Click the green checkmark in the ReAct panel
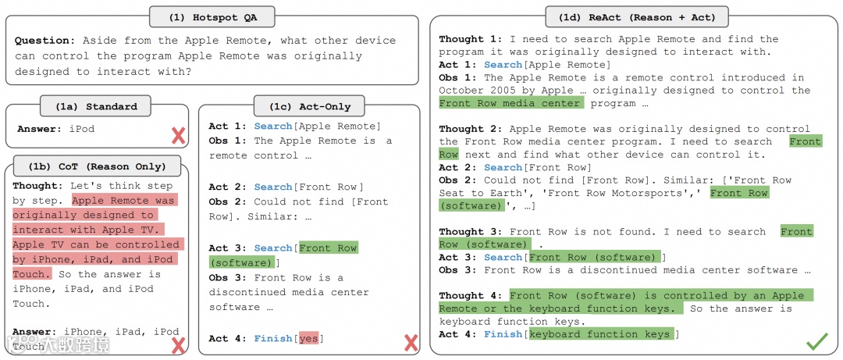tap(816, 340)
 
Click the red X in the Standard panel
tap(178, 135)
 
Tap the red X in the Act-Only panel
tap(411, 342)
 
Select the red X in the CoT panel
tap(178, 344)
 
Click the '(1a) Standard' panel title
tap(98, 106)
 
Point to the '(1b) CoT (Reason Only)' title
tap(98, 166)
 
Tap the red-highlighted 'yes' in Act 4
tap(308, 338)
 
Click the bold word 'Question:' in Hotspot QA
tap(45, 41)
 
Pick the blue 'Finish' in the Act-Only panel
tap(272, 338)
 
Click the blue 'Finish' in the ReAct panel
tap(503, 334)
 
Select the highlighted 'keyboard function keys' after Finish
tap(599, 334)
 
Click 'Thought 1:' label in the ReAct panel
tap(471, 39)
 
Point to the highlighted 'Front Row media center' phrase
tap(510, 103)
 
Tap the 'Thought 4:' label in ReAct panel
tap(471, 296)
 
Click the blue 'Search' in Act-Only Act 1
tap(272, 127)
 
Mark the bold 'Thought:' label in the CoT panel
tap(37, 186)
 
